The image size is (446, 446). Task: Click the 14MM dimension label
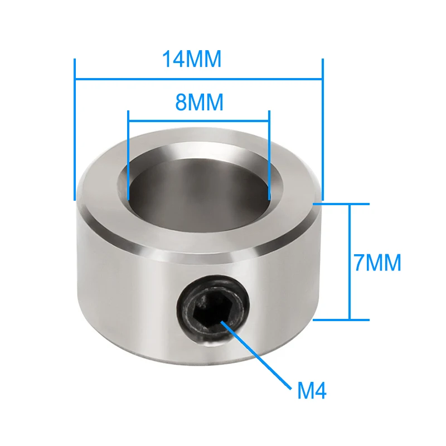pos(191,59)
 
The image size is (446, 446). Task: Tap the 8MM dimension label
pos(199,102)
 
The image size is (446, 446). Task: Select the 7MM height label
pos(377,263)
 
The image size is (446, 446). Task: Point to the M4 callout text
pos(312,391)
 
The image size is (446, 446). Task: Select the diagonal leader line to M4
pos(256,355)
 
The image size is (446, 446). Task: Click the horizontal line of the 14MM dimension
pos(198,79)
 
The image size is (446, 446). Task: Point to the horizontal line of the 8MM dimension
pos(198,121)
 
